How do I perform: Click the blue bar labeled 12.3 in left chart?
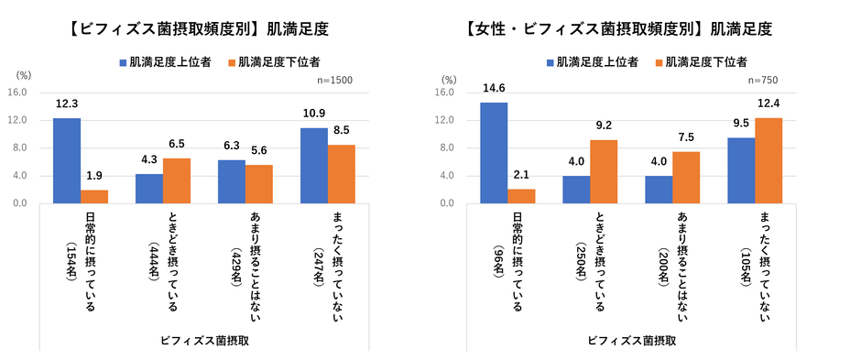click(67, 160)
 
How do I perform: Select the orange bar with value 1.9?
click(94, 196)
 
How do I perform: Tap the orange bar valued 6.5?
click(177, 180)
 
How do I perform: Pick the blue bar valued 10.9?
click(314, 165)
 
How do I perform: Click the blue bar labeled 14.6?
click(494, 152)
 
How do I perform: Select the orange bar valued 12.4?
click(768, 160)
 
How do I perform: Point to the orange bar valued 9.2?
click(604, 171)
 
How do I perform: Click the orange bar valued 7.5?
click(686, 177)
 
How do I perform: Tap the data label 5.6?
click(259, 150)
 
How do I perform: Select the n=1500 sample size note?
click(334, 81)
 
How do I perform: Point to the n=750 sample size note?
click(764, 81)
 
